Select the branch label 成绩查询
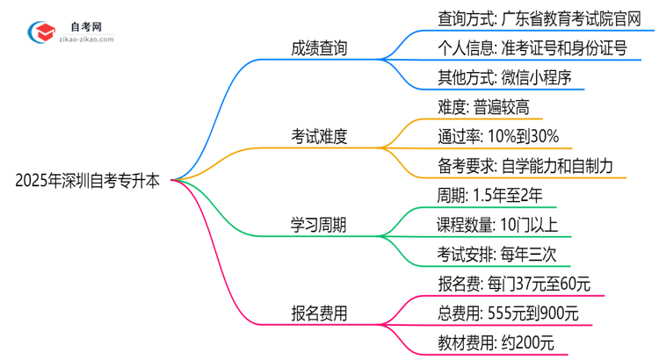coord(318,48)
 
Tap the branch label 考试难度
coord(319,136)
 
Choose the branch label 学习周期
coord(318,225)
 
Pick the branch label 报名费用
coord(318,313)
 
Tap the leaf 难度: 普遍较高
coord(484,107)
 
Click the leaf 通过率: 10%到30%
coord(497,136)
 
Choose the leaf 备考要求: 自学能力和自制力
coord(525,165)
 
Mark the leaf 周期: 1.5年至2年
coord(496,195)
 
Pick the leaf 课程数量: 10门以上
coord(498,225)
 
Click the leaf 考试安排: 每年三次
coord(492,254)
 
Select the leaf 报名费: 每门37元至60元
coord(514,284)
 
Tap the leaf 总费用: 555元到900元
coord(508,313)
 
